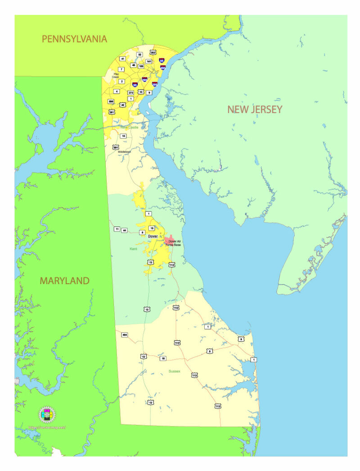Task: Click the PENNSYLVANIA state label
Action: click(74, 39)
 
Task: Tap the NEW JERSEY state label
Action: click(255, 109)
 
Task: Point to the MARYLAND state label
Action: click(64, 281)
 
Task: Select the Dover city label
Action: click(153, 236)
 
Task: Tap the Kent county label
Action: click(133, 249)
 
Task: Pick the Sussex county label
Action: click(174, 371)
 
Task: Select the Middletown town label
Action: click(124, 152)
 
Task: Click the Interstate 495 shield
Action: click(163, 68)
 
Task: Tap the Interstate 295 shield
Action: click(155, 84)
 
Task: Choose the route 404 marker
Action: click(125, 335)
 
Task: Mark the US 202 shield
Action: click(153, 53)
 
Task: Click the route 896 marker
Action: click(111, 102)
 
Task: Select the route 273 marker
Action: click(130, 92)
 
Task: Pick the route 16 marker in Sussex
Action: click(163, 358)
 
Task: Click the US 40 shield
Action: click(122, 105)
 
